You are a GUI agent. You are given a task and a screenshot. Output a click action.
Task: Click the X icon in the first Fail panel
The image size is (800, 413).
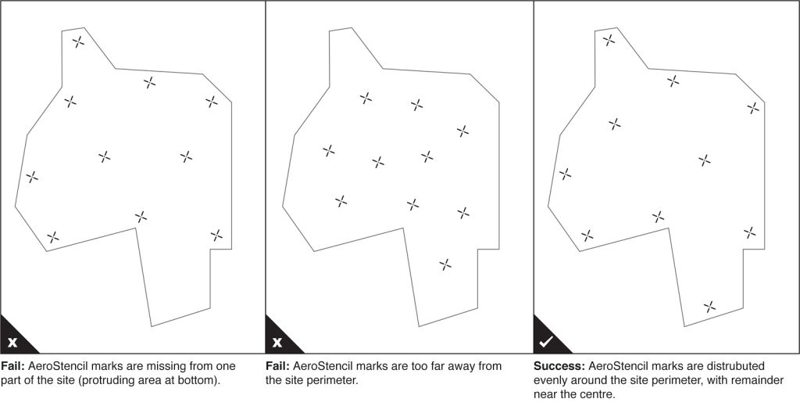coord(12,342)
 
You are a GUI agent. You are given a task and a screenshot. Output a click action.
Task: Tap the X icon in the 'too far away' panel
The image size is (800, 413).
coord(277,342)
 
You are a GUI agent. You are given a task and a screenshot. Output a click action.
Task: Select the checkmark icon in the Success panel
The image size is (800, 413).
coord(546,342)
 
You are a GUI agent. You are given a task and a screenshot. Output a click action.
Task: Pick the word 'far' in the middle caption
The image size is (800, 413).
coord(457,367)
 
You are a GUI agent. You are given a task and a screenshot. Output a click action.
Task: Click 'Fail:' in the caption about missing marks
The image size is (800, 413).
coord(13,367)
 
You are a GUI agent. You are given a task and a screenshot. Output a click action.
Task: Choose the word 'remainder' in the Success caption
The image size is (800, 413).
coord(762,381)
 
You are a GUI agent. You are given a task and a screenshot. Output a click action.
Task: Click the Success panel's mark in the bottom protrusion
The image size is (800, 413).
coord(709,307)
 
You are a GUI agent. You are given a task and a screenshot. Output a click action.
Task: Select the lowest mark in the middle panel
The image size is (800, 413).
coord(445,264)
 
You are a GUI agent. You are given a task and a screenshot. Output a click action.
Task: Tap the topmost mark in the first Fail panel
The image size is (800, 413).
coord(78,42)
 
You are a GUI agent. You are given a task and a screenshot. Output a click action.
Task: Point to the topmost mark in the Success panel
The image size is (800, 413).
coord(609,40)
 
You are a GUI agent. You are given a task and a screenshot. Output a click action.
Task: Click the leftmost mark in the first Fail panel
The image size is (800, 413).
coord(31,178)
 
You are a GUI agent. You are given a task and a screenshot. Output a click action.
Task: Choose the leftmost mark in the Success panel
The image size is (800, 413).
coord(565,174)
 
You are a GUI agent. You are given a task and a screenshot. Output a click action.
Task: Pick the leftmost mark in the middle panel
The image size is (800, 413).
coord(329,151)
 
